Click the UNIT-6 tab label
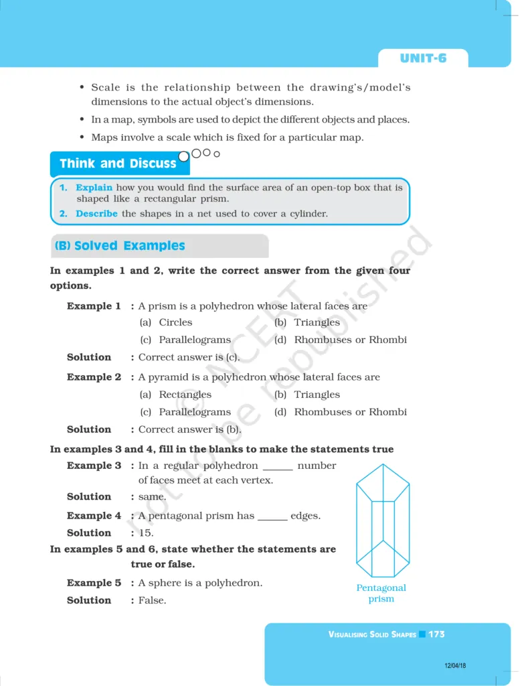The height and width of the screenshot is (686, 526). click(423, 58)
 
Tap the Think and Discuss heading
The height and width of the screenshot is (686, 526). click(118, 163)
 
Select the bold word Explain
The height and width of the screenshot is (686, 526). click(94, 188)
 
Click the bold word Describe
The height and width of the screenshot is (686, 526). click(96, 214)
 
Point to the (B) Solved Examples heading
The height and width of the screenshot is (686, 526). click(120, 246)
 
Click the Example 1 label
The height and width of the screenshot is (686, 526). click(94, 306)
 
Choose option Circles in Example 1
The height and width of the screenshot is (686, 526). click(175, 322)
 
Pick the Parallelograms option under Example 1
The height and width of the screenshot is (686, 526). click(194, 340)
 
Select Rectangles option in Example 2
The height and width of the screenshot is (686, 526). click(185, 395)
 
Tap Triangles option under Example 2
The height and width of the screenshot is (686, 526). click(317, 395)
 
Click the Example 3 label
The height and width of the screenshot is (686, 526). click(94, 466)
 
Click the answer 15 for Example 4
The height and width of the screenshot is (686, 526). click(146, 533)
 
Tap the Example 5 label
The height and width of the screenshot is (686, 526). click(94, 583)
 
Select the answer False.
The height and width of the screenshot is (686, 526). click(152, 600)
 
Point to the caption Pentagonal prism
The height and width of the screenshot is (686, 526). click(381, 593)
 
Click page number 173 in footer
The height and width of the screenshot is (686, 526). click(437, 634)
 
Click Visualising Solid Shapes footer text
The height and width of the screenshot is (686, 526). click(372, 634)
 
